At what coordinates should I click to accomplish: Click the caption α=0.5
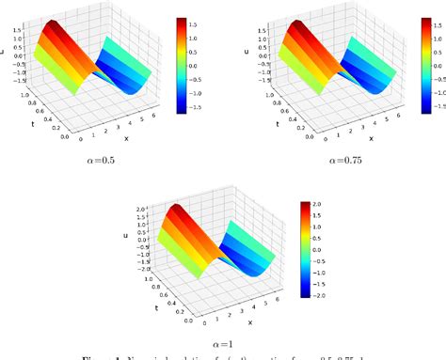[x=98, y=160]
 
